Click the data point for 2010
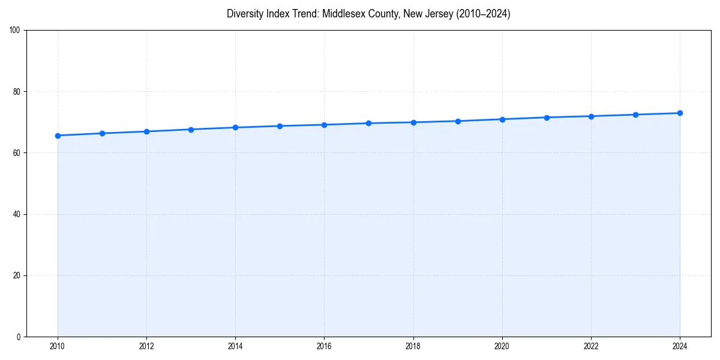[x=58, y=136]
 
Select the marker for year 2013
[x=191, y=130]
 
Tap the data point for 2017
[x=368, y=123]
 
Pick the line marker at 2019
[x=458, y=121]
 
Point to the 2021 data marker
[x=547, y=118]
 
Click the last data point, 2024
[x=680, y=113]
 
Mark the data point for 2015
[x=280, y=126]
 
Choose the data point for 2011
[x=102, y=133]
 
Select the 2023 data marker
[x=635, y=115]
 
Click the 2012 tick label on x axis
[x=146, y=346]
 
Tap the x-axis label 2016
[x=324, y=346]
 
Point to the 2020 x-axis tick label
[x=502, y=346]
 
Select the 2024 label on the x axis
[x=680, y=346]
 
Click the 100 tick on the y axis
[x=15, y=31]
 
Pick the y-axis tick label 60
[x=17, y=153]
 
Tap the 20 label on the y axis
[x=17, y=275]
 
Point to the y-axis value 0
[x=19, y=337]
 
